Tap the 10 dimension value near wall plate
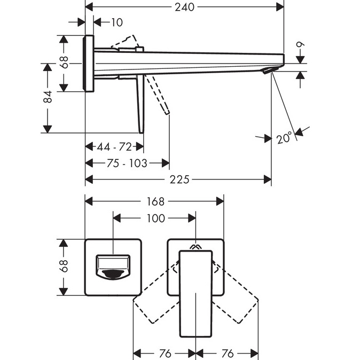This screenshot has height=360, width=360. (116, 22)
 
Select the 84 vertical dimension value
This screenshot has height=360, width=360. (48, 97)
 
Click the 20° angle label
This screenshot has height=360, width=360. (285, 138)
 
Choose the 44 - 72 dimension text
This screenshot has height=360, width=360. (114, 146)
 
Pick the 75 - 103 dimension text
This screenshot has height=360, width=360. (127, 163)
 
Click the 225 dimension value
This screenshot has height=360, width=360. (179, 180)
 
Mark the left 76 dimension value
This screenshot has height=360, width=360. (165, 354)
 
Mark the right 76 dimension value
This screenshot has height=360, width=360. (228, 354)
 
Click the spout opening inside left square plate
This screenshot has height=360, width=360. (113, 267)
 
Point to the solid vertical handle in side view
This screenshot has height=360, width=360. (140, 104)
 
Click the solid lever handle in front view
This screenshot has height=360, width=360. (195, 294)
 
